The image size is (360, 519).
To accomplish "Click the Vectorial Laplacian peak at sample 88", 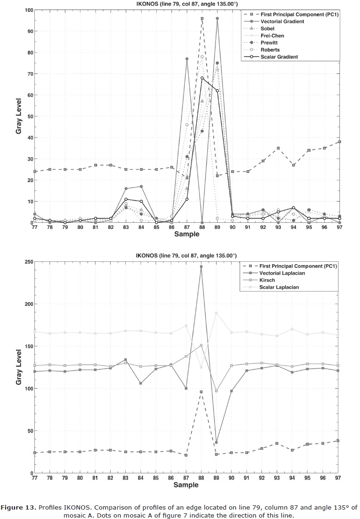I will point(201,267).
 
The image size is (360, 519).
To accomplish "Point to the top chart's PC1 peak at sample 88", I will point(202,18).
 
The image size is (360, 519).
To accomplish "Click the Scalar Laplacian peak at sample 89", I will point(216,313).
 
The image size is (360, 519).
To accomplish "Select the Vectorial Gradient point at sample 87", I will point(187,59).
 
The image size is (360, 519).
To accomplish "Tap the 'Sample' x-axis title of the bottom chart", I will point(187,485).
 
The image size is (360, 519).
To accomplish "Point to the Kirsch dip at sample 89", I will point(216,391).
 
